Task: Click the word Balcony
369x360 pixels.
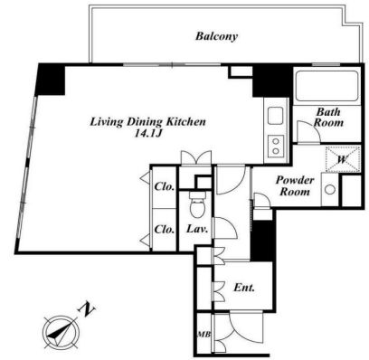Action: pyautogui.click(x=216, y=36)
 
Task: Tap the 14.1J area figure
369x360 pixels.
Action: pyautogui.click(x=148, y=134)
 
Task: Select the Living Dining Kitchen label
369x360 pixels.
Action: pyautogui.click(x=148, y=122)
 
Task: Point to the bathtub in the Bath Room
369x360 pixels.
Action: pyautogui.click(x=326, y=86)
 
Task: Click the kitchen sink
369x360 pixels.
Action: pyautogui.click(x=275, y=115)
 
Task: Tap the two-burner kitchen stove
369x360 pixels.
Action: pyautogui.click(x=276, y=146)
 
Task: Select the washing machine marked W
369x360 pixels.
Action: pyautogui.click(x=343, y=159)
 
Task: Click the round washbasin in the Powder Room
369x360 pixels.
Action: pyautogui.click(x=330, y=190)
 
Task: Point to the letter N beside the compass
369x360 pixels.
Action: pyautogui.click(x=87, y=310)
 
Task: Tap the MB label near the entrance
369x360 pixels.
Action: pyautogui.click(x=203, y=334)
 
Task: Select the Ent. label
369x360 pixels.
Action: pyautogui.click(x=244, y=288)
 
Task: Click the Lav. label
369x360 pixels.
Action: pyautogui.click(x=197, y=229)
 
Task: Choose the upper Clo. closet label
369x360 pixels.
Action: pyautogui.click(x=165, y=186)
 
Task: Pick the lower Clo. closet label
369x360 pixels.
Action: pyautogui.click(x=165, y=229)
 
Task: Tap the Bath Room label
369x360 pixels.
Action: pyautogui.click(x=328, y=117)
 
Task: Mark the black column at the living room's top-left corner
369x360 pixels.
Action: pyautogui.click(x=50, y=80)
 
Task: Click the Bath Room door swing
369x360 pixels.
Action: pyautogui.click(x=308, y=131)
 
